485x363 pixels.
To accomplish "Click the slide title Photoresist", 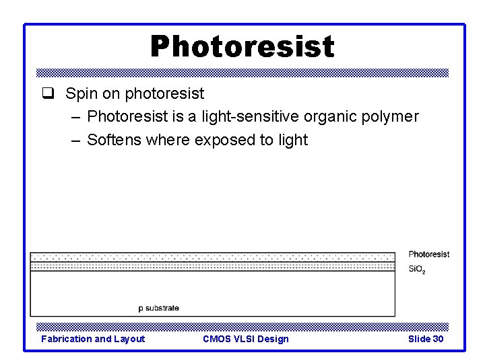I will [x=242, y=46].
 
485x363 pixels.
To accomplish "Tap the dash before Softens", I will [x=74, y=140].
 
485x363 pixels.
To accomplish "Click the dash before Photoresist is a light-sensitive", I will [x=74, y=118].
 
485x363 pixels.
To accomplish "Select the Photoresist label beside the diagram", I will [x=428, y=254].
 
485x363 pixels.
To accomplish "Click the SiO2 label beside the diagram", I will [x=416, y=270].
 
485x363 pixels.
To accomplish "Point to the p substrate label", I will [x=159, y=308].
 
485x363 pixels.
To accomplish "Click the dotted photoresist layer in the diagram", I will [x=212, y=257].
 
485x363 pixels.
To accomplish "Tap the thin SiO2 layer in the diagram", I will [x=212, y=266].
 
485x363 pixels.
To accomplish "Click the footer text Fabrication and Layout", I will [x=93, y=339].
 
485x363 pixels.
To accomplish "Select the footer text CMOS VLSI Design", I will [x=245, y=339].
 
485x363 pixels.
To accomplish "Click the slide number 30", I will [x=438, y=339].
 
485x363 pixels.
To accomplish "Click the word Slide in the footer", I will [x=419, y=339].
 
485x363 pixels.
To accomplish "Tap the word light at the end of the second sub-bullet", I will [x=291, y=140].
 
